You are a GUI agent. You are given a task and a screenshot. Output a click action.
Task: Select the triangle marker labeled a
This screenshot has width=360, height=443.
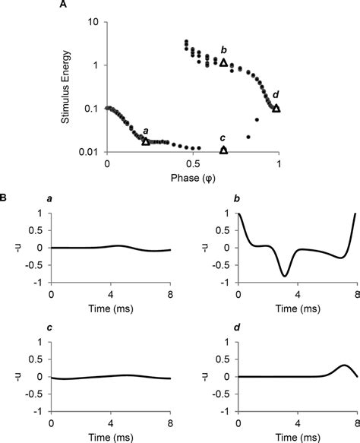point(146,141)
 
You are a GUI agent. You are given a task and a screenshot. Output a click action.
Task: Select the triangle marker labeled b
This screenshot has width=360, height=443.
point(223,62)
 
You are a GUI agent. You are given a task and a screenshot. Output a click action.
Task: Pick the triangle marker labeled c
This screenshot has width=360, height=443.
point(223,150)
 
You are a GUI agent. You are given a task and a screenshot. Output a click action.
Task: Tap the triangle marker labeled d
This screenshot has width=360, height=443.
point(276,108)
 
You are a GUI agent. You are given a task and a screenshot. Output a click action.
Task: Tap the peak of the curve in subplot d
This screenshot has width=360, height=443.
point(343,365)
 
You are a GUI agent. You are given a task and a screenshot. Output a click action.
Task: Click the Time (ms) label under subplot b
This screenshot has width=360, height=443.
point(297,309)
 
